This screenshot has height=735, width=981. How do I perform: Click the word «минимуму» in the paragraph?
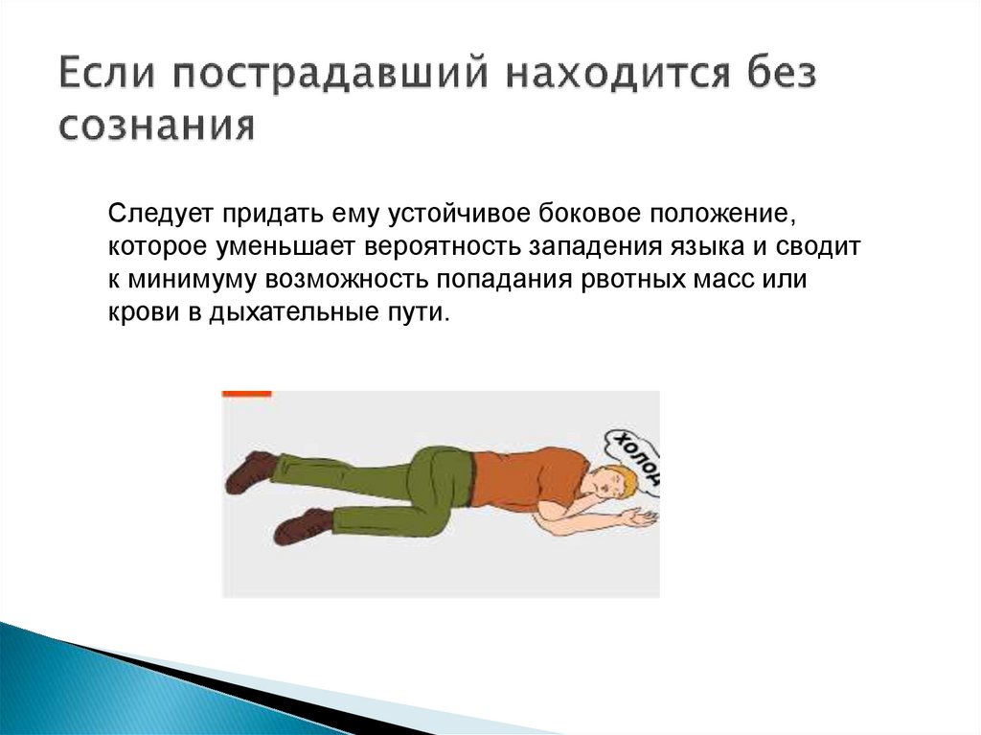click(x=195, y=281)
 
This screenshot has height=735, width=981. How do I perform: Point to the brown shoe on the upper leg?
click(x=252, y=470)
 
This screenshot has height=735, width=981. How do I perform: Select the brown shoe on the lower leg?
click(x=303, y=525)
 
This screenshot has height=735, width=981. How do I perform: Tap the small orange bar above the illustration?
click(x=247, y=393)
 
